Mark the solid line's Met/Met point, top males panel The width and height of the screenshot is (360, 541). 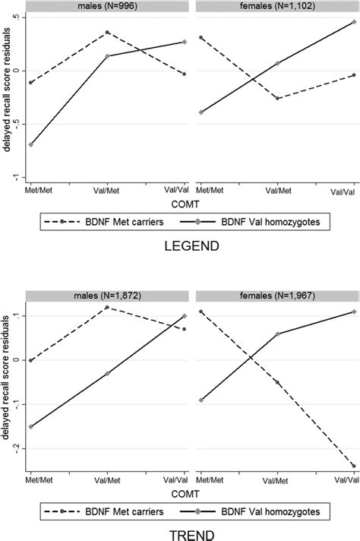point(31,144)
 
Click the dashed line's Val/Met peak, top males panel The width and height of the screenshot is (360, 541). point(108,32)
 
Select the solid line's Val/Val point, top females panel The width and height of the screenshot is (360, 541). point(354,22)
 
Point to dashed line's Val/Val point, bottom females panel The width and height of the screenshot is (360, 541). point(354,466)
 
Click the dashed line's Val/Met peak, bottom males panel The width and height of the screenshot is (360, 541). point(108,307)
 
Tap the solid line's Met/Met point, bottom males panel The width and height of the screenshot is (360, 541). point(31,427)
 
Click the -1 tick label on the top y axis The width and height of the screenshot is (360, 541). point(16,176)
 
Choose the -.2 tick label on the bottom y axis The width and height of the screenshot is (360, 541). point(16,449)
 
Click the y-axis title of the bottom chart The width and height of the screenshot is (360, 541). point(7,380)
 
